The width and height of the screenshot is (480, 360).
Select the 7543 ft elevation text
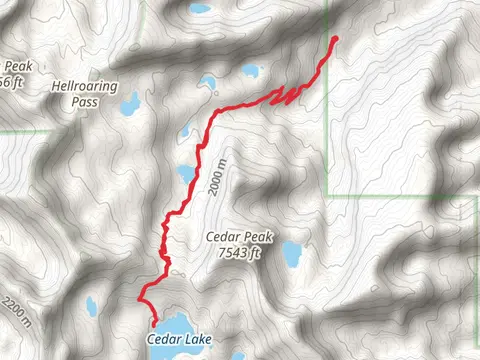(238, 253)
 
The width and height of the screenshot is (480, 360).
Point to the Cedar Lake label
(179, 341)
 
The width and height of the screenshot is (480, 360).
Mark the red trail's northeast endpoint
(333, 39)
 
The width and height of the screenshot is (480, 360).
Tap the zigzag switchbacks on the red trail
(289, 94)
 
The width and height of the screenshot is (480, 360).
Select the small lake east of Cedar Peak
(291, 254)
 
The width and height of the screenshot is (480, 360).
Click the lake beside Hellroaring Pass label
(128, 104)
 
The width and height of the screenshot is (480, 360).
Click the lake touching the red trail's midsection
(185, 172)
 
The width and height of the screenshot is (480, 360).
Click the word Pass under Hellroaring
(69, 101)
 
